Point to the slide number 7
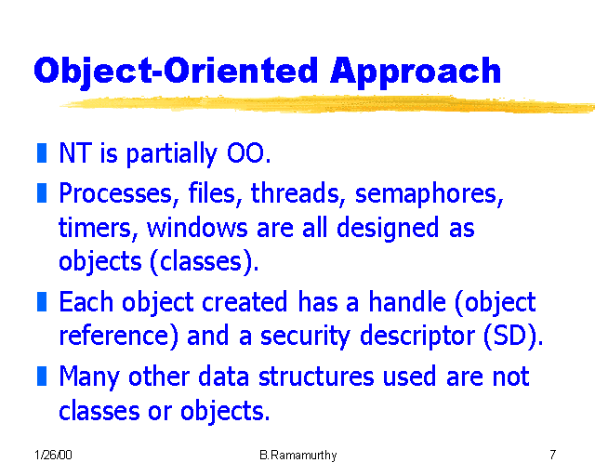click(x=552, y=455)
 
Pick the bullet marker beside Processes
click(x=42, y=193)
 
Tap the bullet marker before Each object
click(x=42, y=301)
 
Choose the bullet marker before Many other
click(x=42, y=376)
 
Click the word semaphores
click(x=429, y=194)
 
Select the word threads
click(x=298, y=194)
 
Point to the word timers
click(x=97, y=228)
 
